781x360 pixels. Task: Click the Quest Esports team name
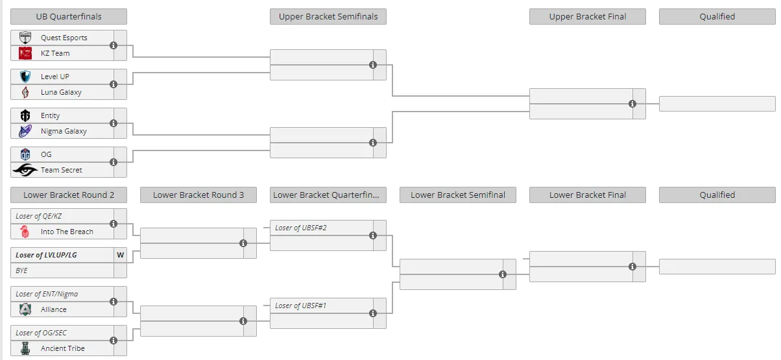64,38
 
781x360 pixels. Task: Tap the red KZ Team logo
25,53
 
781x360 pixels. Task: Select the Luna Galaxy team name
61,92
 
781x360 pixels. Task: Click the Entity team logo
25,115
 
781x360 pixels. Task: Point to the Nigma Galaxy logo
25,131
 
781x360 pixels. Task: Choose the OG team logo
25,154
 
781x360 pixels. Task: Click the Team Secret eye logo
25,170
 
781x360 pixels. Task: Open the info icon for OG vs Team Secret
114,162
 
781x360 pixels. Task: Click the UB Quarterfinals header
69,16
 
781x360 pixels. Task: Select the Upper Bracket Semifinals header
328,16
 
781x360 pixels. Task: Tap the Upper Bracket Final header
588,16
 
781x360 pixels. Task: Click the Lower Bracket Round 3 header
198,195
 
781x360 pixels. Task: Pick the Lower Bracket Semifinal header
458,195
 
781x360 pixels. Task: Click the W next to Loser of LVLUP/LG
120,255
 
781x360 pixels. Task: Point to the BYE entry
21,270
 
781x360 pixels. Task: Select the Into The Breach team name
67,232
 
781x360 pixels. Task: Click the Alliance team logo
25,309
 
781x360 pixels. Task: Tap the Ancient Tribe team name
63,348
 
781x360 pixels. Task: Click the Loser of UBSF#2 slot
301,228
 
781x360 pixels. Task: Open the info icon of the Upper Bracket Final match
632,104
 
